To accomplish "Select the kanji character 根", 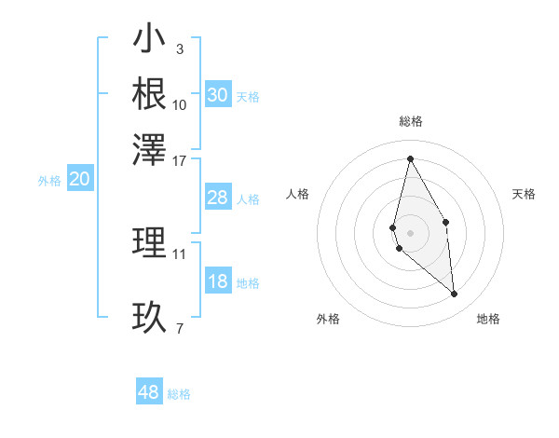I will coord(149,93).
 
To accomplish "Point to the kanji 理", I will coord(149,243).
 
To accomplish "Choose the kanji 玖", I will coord(149,318).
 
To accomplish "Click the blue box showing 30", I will coord(217,95).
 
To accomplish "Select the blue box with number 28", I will coord(217,198).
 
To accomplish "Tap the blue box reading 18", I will coord(217,282).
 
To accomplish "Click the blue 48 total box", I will coord(149,392).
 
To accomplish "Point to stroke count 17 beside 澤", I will coord(180,160).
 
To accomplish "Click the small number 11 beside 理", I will coord(180,253).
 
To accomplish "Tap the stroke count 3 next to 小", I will coord(179,48).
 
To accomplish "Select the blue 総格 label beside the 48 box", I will coord(179,394).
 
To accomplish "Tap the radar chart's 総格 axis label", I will coord(410,121).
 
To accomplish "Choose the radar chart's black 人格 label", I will coord(298,194).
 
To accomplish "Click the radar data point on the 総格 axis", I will coord(410,158).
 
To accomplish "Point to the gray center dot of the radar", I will coord(410,232).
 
